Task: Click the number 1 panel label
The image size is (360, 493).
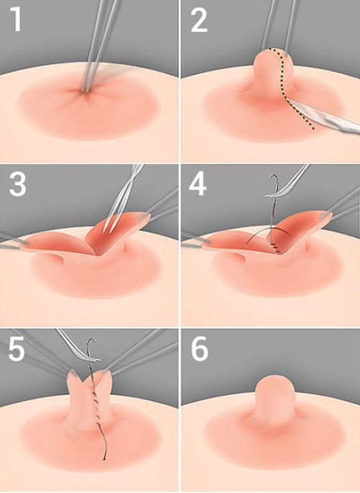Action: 16,19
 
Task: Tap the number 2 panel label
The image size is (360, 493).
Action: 199,20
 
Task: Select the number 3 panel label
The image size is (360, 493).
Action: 17,184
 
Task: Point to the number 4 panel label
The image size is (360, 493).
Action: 197,184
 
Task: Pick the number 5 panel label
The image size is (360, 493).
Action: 17,348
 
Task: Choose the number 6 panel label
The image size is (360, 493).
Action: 199,348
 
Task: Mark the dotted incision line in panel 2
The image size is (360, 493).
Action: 284,87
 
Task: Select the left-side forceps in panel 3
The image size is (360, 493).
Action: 13,242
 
